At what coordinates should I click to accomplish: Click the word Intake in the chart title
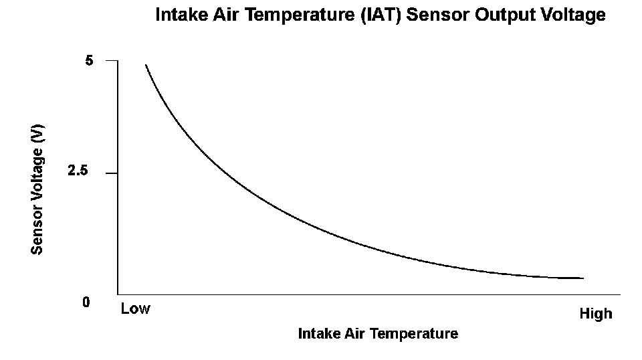pyautogui.click(x=182, y=15)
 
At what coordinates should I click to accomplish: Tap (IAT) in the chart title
pyautogui.click(x=381, y=15)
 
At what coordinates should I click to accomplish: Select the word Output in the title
pyautogui.click(x=506, y=15)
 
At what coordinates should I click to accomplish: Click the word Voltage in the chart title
pyautogui.click(x=573, y=15)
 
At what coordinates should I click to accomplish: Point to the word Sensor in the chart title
pyautogui.click(x=437, y=15)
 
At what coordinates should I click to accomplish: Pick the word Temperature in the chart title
pyautogui.click(x=300, y=15)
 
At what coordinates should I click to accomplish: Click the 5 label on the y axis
pyautogui.click(x=89, y=61)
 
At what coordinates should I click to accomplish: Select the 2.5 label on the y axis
pyautogui.click(x=78, y=171)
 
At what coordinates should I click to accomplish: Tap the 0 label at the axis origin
pyautogui.click(x=86, y=302)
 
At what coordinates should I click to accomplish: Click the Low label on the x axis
pyautogui.click(x=136, y=308)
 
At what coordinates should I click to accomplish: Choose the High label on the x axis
pyautogui.click(x=596, y=314)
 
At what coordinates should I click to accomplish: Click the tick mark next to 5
pyautogui.click(x=112, y=61)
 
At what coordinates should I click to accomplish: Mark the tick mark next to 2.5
pyautogui.click(x=112, y=173)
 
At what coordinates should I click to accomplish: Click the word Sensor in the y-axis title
pyautogui.click(x=37, y=230)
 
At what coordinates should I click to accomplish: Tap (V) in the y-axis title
pyautogui.click(x=37, y=134)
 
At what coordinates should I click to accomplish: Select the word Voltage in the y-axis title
pyautogui.click(x=37, y=175)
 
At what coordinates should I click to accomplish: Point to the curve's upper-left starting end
pyautogui.click(x=146, y=65)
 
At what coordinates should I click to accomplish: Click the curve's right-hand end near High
pyautogui.click(x=583, y=278)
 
